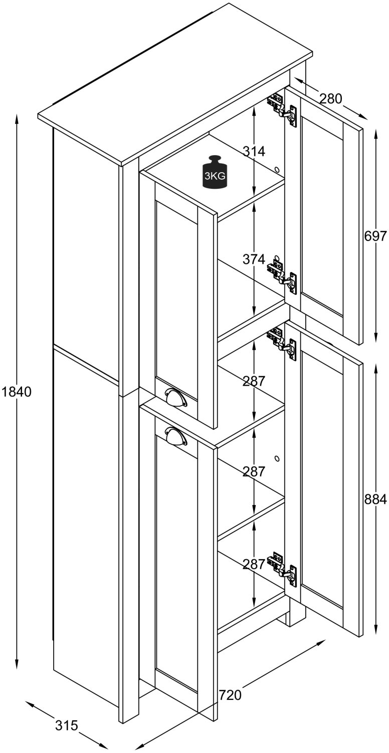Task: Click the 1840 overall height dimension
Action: click(17, 391)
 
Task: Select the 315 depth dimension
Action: click(67, 725)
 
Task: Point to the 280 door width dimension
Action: click(330, 98)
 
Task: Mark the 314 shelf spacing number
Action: click(254, 151)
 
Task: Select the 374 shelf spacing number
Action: click(254, 259)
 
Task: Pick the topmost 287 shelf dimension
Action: click(254, 381)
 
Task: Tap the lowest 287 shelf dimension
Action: click(254, 564)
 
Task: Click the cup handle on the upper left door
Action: click(175, 397)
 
